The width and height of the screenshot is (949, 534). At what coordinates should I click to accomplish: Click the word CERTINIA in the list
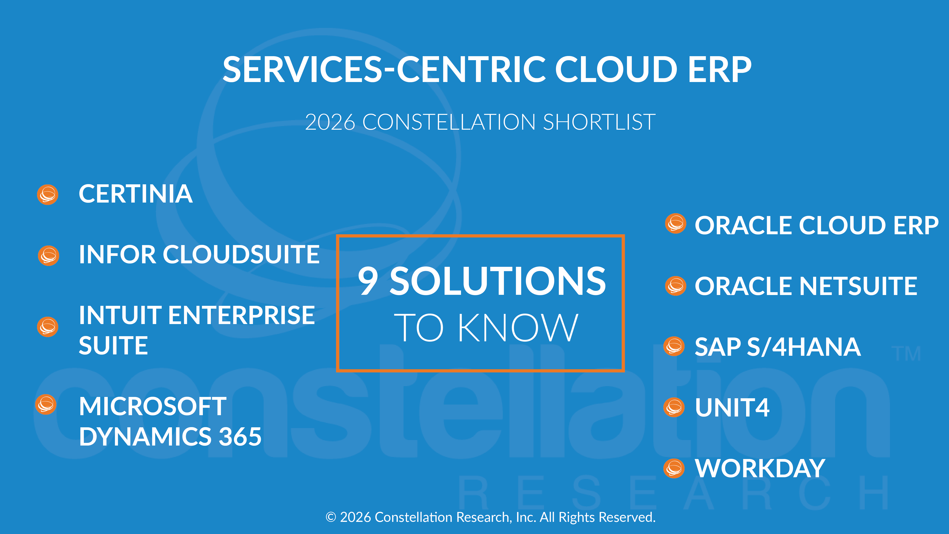click(136, 194)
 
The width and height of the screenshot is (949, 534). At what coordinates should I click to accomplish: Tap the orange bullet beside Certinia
click(47, 194)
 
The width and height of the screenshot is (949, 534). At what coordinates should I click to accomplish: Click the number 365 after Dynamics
click(240, 437)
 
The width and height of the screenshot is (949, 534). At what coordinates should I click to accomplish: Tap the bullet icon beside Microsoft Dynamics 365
click(46, 404)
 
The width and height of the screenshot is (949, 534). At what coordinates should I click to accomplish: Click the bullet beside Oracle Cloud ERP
click(676, 223)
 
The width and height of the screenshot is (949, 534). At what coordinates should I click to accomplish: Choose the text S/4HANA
click(803, 347)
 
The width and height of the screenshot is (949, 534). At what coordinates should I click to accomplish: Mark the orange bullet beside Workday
click(674, 468)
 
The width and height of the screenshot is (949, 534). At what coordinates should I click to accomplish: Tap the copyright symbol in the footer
click(331, 517)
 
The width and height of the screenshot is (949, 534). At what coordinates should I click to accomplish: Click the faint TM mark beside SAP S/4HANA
click(906, 354)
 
